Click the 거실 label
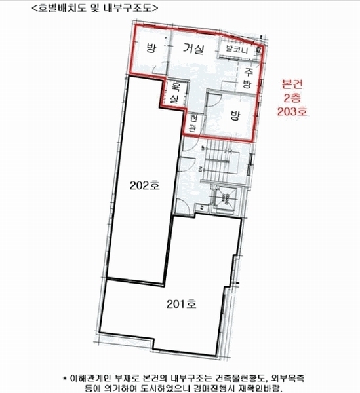tap(193, 49)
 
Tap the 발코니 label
tap(237, 49)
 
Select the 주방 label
tap(247, 78)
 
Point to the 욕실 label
tap(175, 94)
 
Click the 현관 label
tap(193, 122)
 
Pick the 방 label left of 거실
tap(151, 47)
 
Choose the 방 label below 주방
tap(235, 115)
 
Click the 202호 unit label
tap(144, 186)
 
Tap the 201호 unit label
tap(182, 304)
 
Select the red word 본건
tap(292, 84)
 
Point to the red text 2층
tap(292, 98)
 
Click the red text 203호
tap(292, 111)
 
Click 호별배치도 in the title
tap(62, 8)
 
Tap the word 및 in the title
tap(95, 8)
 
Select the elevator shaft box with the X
tap(225, 198)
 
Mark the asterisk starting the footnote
tap(65, 378)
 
